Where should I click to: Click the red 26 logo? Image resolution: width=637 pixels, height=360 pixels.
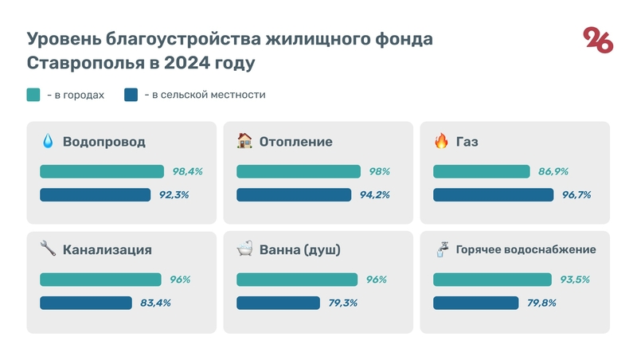[x=598, y=40]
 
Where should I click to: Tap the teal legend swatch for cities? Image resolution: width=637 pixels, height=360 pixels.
[x=33, y=95]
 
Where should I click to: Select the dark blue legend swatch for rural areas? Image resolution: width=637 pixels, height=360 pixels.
[x=131, y=95]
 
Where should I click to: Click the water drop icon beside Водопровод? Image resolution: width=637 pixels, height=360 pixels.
[x=48, y=142]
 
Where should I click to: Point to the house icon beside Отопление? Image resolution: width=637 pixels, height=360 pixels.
[x=244, y=142]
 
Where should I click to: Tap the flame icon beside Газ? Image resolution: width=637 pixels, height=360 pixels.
[x=441, y=142]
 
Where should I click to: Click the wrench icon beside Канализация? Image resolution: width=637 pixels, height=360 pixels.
[x=48, y=249]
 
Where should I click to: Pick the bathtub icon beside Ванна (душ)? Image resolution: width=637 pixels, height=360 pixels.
[x=244, y=249]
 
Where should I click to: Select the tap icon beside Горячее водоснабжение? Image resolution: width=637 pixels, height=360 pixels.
[x=441, y=249]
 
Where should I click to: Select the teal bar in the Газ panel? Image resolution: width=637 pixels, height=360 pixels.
[x=481, y=171]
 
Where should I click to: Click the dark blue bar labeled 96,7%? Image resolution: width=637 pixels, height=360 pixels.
[x=493, y=194]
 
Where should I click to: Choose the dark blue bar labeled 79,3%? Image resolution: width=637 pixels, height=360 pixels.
[x=278, y=303]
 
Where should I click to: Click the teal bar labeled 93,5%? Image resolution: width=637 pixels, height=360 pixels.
[x=492, y=280]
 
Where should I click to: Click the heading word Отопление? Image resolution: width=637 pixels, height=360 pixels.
[x=295, y=142]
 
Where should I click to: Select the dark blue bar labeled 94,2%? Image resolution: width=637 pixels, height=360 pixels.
[x=294, y=194]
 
